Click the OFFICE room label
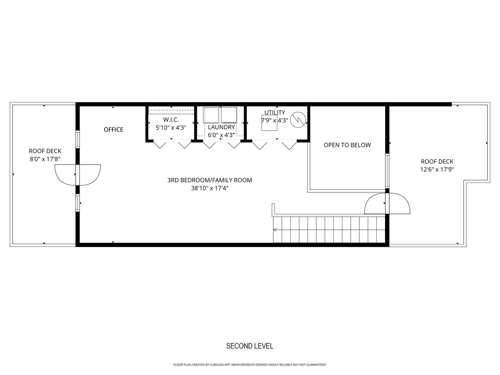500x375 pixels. pyautogui.click(x=114, y=130)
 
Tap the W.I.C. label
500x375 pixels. pyautogui.click(x=171, y=120)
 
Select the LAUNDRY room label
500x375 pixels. pyautogui.click(x=221, y=127)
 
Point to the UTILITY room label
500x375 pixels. pyautogui.click(x=275, y=112)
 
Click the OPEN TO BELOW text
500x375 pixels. pyautogui.click(x=347, y=145)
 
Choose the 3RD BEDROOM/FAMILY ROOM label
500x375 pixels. pyautogui.click(x=210, y=180)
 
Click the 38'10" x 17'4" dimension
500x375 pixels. pyautogui.click(x=210, y=189)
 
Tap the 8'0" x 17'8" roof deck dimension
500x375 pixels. pyautogui.click(x=45, y=159)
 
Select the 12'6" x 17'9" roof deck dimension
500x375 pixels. pyautogui.click(x=437, y=170)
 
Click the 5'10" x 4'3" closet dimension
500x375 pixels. pyautogui.click(x=171, y=128)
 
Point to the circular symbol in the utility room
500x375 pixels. pyautogui.click(x=298, y=119)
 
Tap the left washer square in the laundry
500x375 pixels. pyautogui.click(x=211, y=115)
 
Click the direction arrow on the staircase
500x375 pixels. pyautogui.click(x=275, y=230)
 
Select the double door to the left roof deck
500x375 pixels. pyautogui.click(x=77, y=175)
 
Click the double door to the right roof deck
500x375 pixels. pyautogui.click(x=387, y=203)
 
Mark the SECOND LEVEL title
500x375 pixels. pyautogui.click(x=250, y=346)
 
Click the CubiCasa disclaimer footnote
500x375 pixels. pyautogui.click(x=250, y=365)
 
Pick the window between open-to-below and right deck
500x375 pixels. pyautogui.click(x=387, y=171)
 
